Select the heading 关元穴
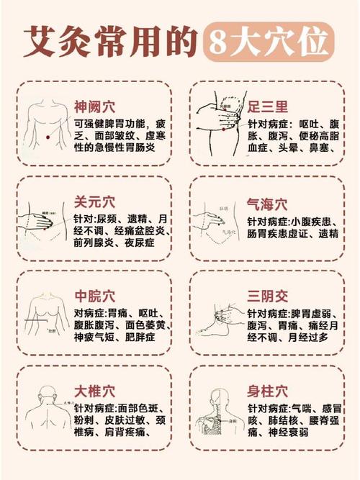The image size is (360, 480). point(94,201)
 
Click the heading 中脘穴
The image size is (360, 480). point(94,296)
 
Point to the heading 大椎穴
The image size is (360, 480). point(94,391)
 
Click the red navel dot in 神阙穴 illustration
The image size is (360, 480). point(47,137)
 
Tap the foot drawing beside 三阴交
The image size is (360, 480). point(220,324)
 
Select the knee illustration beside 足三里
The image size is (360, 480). point(218,122)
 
